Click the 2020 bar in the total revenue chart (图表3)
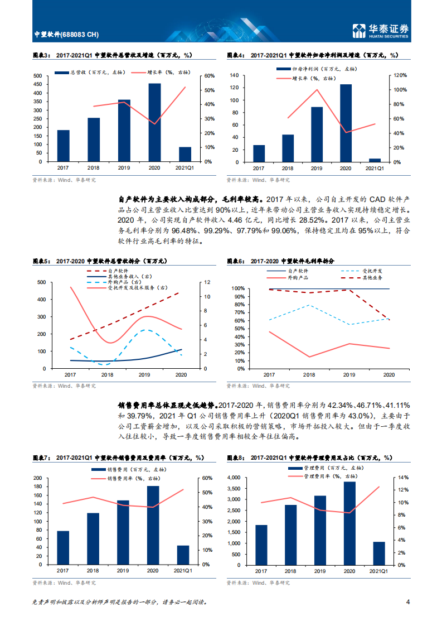pyautogui.click(x=154, y=123)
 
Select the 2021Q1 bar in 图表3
pyautogui.click(x=184, y=155)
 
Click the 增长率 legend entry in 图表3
pyautogui.click(x=159, y=72)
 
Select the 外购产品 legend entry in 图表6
pyautogui.click(x=298, y=278)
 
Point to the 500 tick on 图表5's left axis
pyautogui.click(x=42, y=282)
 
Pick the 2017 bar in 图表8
pyautogui.click(x=261, y=545)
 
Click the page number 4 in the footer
pyautogui.click(x=408, y=603)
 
